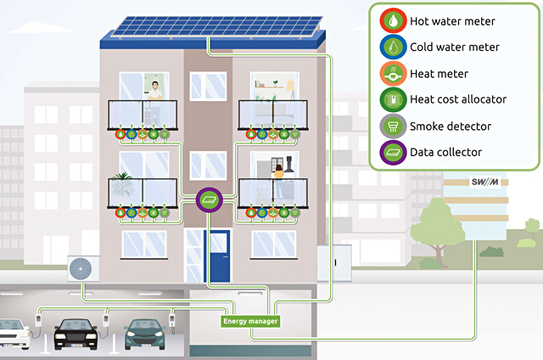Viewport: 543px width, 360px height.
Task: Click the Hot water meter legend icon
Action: point(395,20)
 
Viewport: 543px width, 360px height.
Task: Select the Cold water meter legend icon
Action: point(395,47)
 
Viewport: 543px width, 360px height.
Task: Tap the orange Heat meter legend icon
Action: point(395,73)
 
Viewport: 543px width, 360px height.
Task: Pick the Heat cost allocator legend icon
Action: point(395,99)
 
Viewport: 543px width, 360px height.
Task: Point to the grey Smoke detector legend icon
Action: point(395,126)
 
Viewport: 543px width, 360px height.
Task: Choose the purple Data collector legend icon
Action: point(395,152)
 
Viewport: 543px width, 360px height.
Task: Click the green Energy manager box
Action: point(250,321)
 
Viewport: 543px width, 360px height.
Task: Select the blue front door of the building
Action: point(219,254)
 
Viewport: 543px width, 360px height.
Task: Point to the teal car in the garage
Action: point(144,335)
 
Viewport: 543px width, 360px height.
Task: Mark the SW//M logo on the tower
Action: point(485,183)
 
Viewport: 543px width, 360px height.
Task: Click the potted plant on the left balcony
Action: point(124,183)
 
